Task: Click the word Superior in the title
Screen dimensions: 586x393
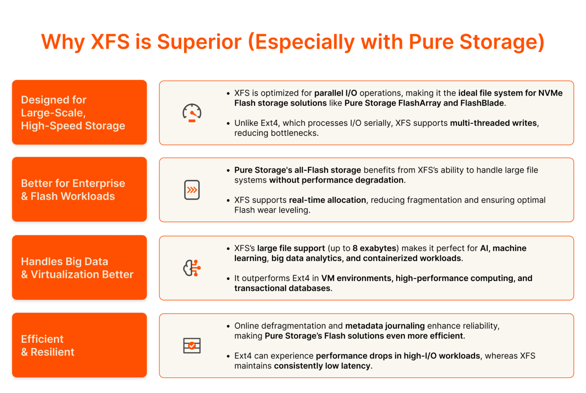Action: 199,42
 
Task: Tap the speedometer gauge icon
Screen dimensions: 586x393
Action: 192,113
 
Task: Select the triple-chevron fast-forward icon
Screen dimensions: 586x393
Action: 192,190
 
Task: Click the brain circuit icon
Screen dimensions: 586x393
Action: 192,268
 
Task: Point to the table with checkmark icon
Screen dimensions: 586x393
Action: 192,345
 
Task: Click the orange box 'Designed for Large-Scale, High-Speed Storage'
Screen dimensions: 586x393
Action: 79,112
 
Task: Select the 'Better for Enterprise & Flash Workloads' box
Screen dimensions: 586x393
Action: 79,189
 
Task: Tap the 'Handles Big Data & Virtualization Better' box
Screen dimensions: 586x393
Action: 79,267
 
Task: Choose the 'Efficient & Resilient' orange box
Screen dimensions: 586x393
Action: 79,345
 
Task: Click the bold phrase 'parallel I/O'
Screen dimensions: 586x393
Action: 336,93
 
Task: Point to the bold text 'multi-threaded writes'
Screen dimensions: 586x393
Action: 493,123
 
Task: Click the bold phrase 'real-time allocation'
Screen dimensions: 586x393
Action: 327,200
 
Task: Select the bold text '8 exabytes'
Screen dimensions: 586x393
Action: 374,248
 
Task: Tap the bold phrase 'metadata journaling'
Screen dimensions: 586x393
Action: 385,326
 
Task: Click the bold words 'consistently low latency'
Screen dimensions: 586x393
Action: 322,366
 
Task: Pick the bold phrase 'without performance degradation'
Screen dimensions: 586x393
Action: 336,180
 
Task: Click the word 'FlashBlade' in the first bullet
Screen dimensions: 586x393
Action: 482,103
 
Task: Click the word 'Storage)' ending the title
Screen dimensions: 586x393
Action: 502,42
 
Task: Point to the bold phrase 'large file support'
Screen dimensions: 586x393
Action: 291,248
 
